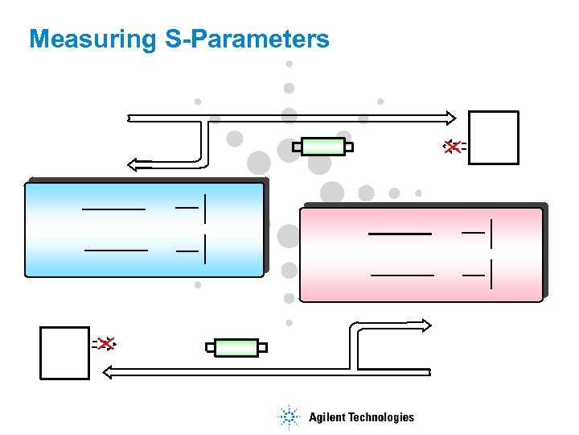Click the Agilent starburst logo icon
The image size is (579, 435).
coord(288,416)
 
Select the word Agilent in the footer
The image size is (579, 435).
coord(326,417)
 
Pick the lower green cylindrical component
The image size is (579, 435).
coord(236,348)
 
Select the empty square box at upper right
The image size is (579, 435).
coord(494,138)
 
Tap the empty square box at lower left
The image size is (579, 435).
coord(64,353)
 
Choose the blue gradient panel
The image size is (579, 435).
coord(145,230)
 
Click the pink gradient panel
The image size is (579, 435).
coord(421,255)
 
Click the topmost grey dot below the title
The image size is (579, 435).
coord(289,64)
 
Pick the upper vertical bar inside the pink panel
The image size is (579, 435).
coord(491,233)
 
